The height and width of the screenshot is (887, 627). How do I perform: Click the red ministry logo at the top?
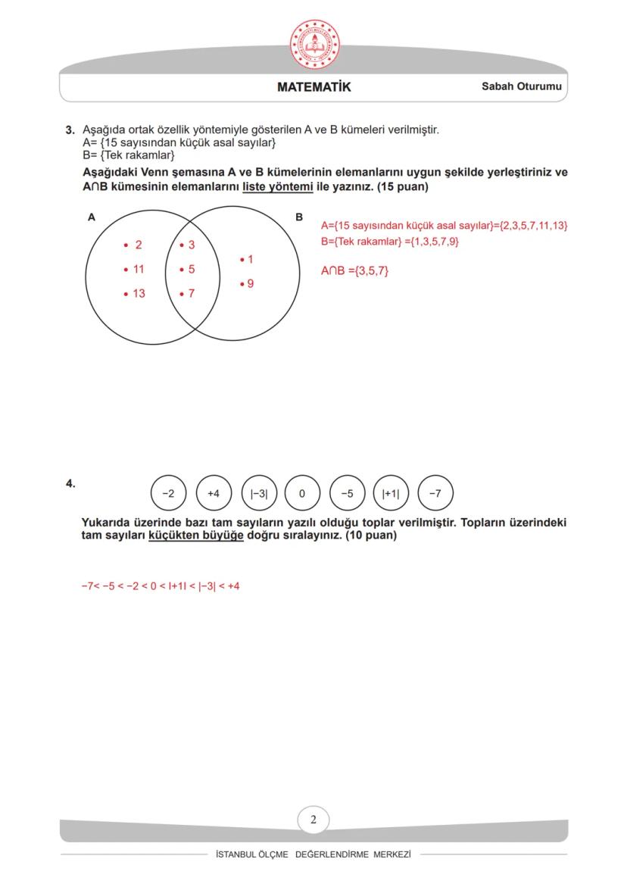tap(314, 42)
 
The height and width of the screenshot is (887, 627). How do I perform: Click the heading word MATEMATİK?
tap(314, 87)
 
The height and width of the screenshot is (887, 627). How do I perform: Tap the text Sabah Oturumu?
tap(522, 87)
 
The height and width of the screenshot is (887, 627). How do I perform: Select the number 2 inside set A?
tap(138, 245)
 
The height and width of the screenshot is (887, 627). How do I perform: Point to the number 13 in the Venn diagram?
tap(139, 293)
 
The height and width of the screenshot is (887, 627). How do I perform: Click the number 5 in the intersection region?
tap(192, 269)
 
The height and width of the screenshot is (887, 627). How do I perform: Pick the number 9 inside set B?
tap(250, 284)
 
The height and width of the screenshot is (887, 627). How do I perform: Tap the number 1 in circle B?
tap(250, 260)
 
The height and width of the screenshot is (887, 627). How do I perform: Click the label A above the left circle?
tap(92, 217)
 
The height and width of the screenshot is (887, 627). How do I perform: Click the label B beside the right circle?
tap(299, 217)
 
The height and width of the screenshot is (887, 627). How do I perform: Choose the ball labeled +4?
tap(214, 494)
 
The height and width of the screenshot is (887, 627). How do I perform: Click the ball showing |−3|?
tap(259, 494)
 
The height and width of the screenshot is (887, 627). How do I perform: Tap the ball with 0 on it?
tap(302, 494)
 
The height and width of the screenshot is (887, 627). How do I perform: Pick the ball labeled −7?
tap(435, 494)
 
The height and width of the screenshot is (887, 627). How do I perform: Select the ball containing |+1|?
tap(391, 494)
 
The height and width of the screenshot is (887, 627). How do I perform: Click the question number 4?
tap(70, 483)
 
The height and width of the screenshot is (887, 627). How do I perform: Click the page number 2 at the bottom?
tap(313, 819)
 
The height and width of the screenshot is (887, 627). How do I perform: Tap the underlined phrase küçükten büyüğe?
tap(196, 536)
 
